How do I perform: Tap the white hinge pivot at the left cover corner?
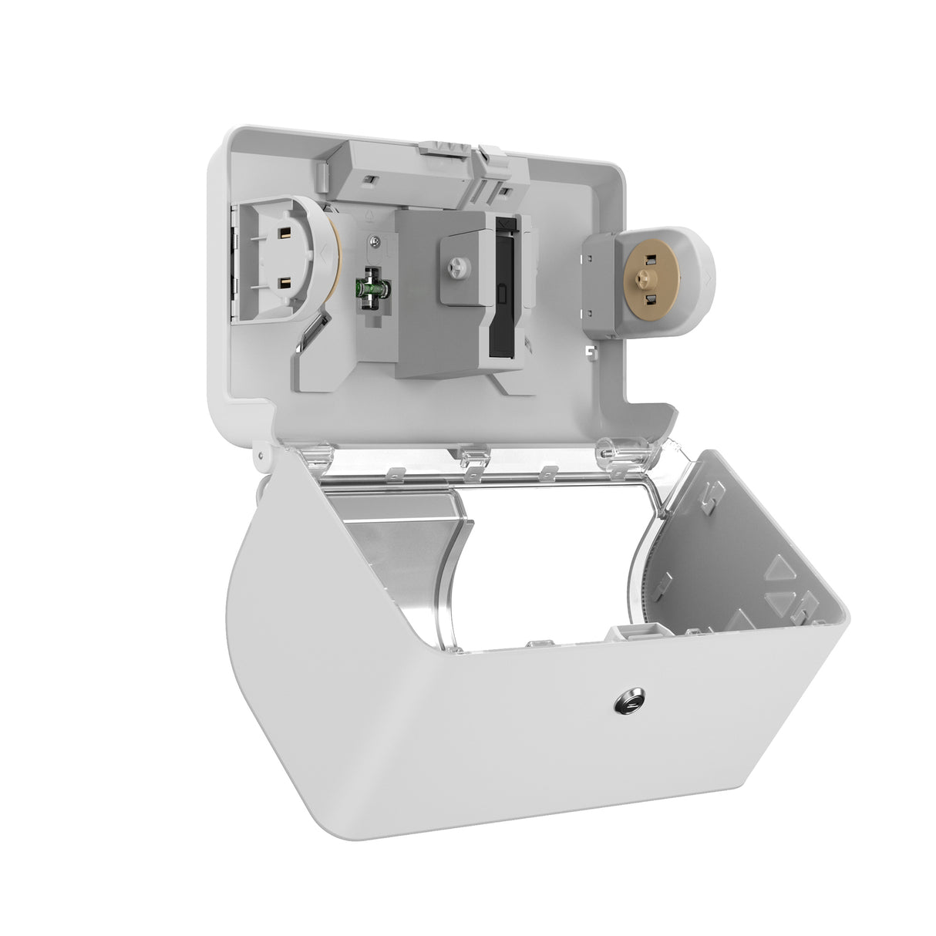pos(261,461)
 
